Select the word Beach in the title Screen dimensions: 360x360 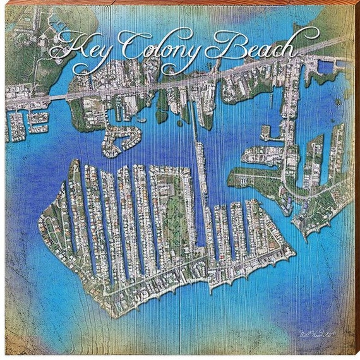coord(253,48)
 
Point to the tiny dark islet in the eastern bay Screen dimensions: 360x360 coord(337,102)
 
